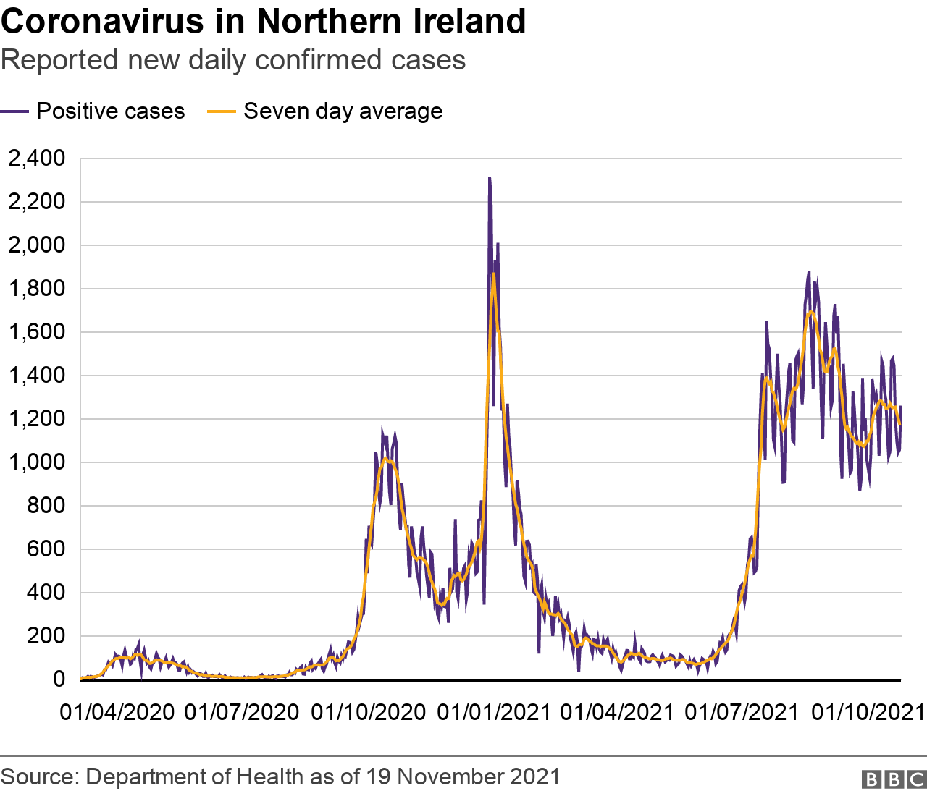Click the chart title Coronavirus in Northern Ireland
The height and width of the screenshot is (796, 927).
pyautogui.click(x=263, y=22)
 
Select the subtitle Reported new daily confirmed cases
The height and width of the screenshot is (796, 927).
pyautogui.click(x=233, y=60)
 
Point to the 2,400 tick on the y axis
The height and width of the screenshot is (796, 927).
pyautogui.click(x=36, y=158)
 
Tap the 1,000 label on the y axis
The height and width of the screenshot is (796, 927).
pyautogui.click(x=36, y=462)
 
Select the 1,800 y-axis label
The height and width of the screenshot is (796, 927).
pyautogui.click(x=36, y=288)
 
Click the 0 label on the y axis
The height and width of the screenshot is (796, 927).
pyautogui.click(x=58, y=679)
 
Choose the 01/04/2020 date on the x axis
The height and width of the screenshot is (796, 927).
pyautogui.click(x=117, y=712)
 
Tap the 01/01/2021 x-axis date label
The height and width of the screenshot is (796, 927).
pyautogui.click(x=495, y=712)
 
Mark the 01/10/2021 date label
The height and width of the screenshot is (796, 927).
pyautogui.click(x=868, y=712)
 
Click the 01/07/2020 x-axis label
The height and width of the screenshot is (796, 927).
pyautogui.click(x=242, y=712)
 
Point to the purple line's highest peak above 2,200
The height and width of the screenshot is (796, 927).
pyautogui.click(x=490, y=179)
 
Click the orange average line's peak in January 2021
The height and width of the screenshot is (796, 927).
pyautogui.click(x=493, y=274)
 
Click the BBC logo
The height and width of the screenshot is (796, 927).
pyautogui.click(x=894, y=779)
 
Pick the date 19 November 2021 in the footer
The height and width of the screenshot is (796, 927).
pyautogui.click(x=463, y=776)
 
